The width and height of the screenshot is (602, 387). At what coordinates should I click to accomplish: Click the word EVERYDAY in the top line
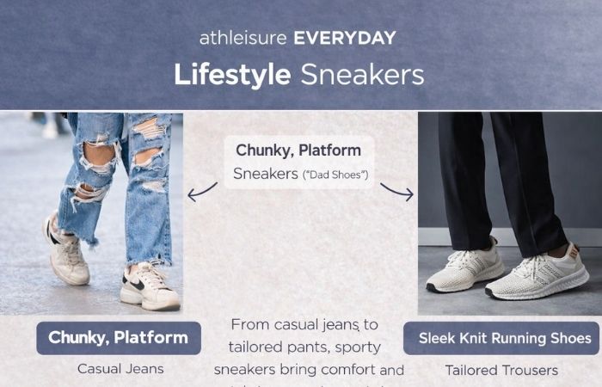[x=345, y=38]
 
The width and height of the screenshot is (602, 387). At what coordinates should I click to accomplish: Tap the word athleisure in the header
[x=243, y=38]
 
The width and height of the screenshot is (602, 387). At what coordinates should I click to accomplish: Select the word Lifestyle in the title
[x=232, y=74]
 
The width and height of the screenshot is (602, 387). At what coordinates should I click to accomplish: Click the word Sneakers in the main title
[x=362, y=74]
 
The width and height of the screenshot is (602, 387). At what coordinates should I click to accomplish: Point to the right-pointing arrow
[x=396, y=191]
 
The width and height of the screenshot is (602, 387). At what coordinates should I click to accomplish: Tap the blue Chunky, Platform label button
[x=118, y=338]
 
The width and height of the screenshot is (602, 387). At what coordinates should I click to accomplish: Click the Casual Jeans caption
[x=120, y=370]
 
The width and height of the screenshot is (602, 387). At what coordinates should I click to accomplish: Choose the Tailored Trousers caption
[x=501, y=371]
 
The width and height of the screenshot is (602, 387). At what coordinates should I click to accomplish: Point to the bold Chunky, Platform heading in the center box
[x=298, y=150]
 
